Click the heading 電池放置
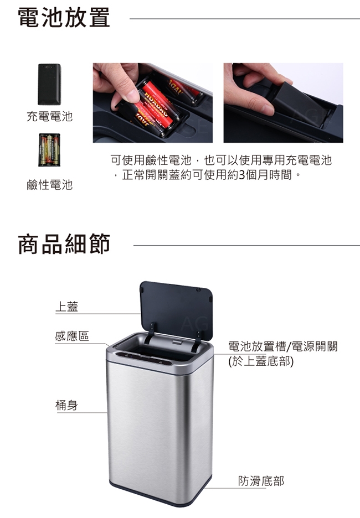pos(64,17)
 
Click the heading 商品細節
pos(64,244)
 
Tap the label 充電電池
pos(50,116)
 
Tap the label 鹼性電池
pos(50,185)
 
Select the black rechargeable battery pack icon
pos(49,84)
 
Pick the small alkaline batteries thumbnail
pos(49,149)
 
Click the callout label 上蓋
pos(67,307)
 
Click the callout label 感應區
pos(72,336)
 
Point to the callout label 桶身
pos(66,405)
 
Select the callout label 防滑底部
pos(261,481)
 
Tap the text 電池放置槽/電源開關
pos(283,346)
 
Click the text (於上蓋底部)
pos(261,361)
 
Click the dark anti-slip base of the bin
pos(160,495)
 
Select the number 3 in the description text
pos(241,174)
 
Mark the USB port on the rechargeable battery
pos(49,67)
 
